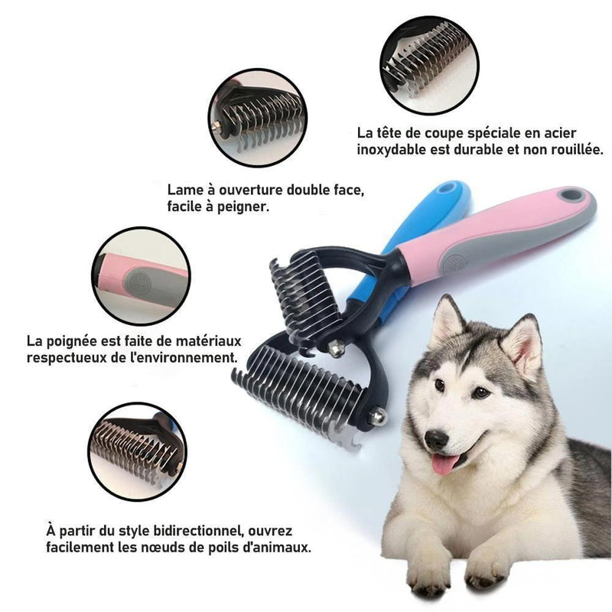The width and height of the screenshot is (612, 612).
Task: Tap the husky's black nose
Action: pyautogui.click(x=436, y=439)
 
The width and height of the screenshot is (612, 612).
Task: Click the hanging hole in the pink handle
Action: pyautogui.click(x=570, y=196)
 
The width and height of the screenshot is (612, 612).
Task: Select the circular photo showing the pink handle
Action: pyautogui.click(x=141, y=275)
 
